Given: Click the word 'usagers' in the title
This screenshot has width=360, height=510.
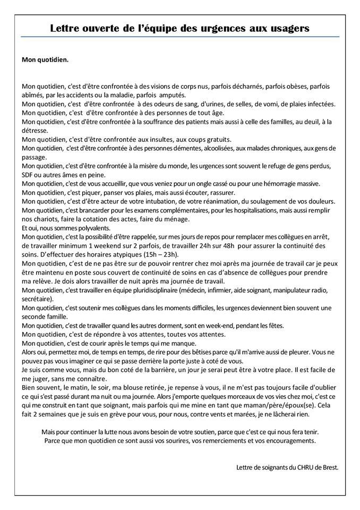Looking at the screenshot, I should pyautogui.click(x=289, y=28).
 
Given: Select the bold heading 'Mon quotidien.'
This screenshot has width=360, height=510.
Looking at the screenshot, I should pyautogui.click(x=45, y=59).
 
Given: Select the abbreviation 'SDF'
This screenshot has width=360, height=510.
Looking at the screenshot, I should pyautogui.click(x=29, y=175).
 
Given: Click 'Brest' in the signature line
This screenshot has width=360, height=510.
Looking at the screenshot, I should pyautogui.click(x=327, y=467).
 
